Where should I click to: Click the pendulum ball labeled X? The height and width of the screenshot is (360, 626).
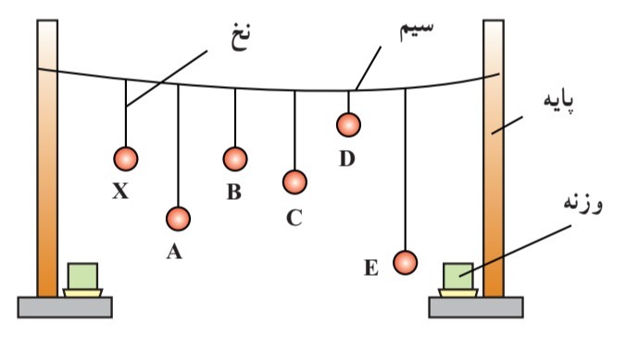click(x=126, y=158)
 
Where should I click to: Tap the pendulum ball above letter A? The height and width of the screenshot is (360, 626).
click(x=178, y=218)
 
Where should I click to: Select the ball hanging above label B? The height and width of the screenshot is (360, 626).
click(x=235, y=158)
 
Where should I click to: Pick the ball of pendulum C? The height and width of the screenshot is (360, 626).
click(x=294, y=182)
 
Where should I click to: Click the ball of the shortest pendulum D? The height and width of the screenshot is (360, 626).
click(x=348, y=124)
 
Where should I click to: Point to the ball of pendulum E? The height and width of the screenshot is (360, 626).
click(x=405, y=263)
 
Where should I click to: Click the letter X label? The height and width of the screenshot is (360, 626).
click(x=120, y=192)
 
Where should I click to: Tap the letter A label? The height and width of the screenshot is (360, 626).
click(x=173, y=252)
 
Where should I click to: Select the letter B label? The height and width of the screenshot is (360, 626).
click(x=233, y=192)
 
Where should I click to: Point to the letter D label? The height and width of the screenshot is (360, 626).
click(x=346, y=158)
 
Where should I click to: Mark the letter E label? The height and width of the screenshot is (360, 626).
click(x=371, y=269)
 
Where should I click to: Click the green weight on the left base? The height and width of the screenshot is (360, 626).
click(x=82, y=276)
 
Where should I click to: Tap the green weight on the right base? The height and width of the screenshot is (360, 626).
click(x=457, y=276)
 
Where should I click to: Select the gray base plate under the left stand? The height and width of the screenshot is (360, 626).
click(x=65, y=306)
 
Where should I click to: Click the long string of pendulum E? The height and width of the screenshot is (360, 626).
click(x=406, y=167)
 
